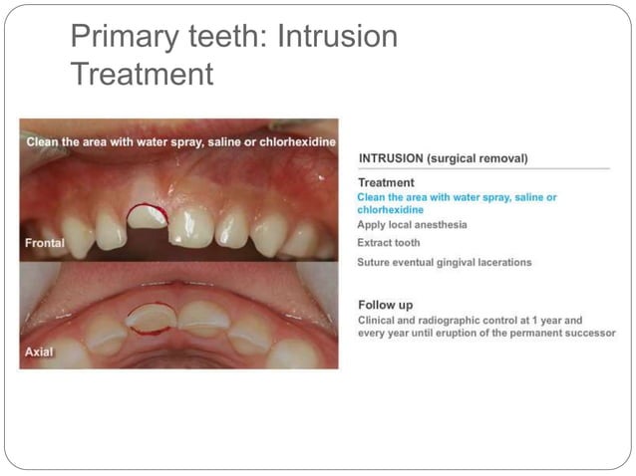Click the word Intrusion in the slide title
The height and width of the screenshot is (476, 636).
[x=337, y=37]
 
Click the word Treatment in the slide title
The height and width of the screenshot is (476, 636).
[x=142, y=74]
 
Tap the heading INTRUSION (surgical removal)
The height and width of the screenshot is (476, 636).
[x=443, y=157]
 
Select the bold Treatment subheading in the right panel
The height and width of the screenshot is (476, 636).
[x=386, y=183]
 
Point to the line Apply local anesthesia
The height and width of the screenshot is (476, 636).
[x=412, y=225]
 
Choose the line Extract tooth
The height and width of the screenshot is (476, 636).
[x=388, y=243]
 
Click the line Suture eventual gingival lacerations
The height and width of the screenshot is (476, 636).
[x=444, y=262]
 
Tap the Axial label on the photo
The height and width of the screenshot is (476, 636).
[x=39, y=355]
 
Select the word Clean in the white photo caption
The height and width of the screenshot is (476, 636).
[x=44, y=141]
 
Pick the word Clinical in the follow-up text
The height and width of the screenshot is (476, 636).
[x=379, y=320]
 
